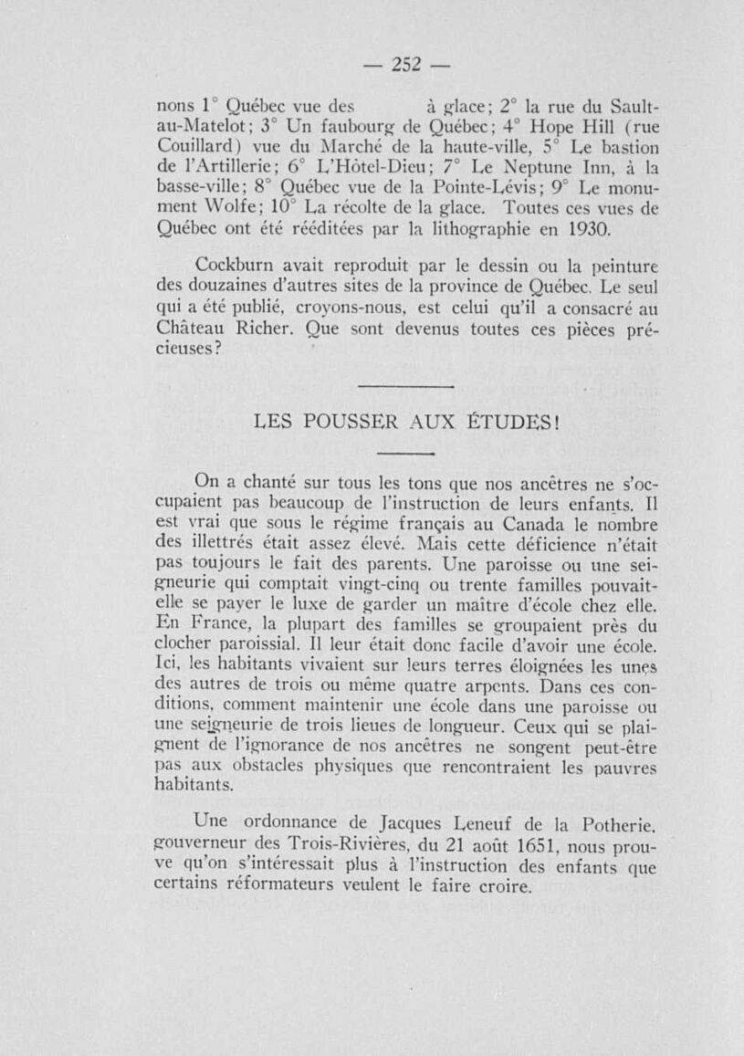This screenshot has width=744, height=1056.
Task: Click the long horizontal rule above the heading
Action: (x=405, y=387)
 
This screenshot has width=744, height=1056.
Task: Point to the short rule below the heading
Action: (x=403, y=454)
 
